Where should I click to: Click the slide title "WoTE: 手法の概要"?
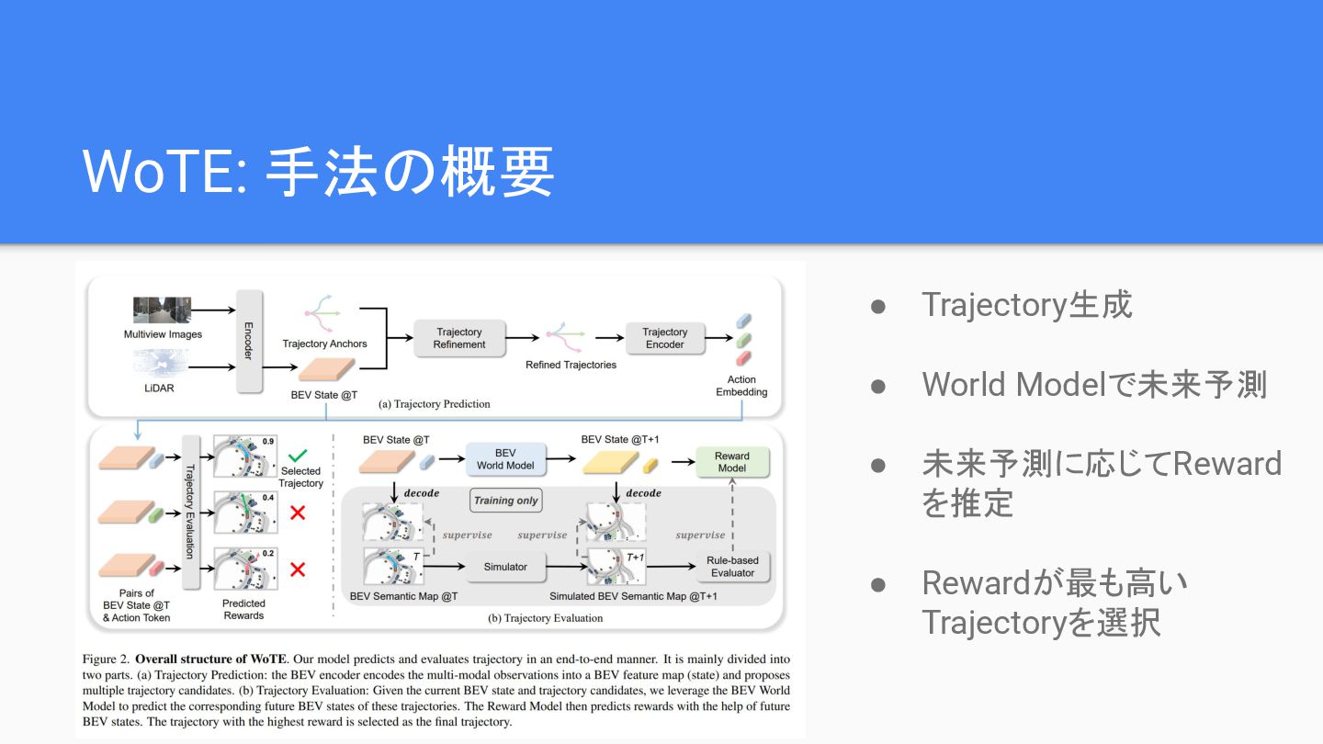(x=318, y=172)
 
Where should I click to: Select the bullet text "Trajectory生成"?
(x=1026, y=305)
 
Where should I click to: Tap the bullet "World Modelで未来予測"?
(x=1094, y=385)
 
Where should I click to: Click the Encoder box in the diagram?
(x=248, y=339)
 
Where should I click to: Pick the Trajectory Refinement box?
(x=459, y=338)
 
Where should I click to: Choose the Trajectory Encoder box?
(x=664, y=338)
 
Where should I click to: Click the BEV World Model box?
(x=505, y=459)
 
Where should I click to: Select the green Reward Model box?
(x=731, y=462)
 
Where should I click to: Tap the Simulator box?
(x=505, y=567)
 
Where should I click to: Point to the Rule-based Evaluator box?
(x=731, y=567)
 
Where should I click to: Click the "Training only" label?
(x=505, y=501)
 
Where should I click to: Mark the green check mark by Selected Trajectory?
(x=298, y=455)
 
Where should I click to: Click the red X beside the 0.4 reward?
(x=298, y=513)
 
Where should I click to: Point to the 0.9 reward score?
(x=268, y=441)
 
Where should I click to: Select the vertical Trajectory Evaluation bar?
(x=192, y=511)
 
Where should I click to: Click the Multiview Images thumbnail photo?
(x=162, y=310)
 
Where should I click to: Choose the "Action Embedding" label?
(x=741, y=386)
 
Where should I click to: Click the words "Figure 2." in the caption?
(x=106, y=659)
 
